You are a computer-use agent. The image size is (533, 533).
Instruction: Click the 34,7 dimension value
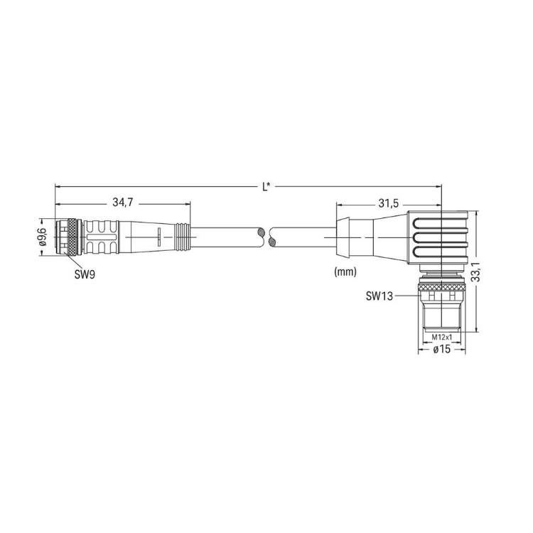(123, 203)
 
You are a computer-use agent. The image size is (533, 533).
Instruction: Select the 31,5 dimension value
(389, 203)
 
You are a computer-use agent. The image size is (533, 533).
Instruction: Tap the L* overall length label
(266, 186)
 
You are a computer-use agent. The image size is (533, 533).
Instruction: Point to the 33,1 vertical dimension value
(477, 271)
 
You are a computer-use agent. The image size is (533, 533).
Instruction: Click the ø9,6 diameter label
(43, 237)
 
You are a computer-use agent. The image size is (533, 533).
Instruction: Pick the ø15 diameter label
(442, 349)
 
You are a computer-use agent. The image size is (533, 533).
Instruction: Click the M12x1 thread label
(442, 337)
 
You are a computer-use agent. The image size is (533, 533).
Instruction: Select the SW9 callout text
(85, 274)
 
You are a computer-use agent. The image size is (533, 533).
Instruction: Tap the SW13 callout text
(379, 296)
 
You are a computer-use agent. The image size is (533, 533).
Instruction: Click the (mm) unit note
(345, 271)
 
